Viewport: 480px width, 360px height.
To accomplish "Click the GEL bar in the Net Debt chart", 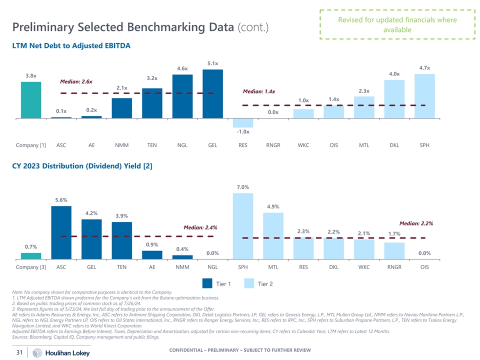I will pos(212,93).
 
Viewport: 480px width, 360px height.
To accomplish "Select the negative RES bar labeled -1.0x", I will pos(243,122).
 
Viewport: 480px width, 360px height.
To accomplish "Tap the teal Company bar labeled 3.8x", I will pos(31,99).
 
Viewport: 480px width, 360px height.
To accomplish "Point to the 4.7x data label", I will pos(424,67).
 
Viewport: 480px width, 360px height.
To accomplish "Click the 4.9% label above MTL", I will pos(273,206).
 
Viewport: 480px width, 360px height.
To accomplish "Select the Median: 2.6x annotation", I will pos(76,81).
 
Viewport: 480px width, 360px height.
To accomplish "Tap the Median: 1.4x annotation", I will pos(259,91).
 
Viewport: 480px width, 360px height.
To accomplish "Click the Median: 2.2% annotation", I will pos(416,223).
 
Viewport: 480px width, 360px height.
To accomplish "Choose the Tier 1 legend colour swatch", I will pos(207,283).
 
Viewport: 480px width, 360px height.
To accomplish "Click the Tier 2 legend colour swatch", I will pos(249,283).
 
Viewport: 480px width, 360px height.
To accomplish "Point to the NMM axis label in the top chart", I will pos(121,145).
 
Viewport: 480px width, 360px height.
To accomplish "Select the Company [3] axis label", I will pos(31,267).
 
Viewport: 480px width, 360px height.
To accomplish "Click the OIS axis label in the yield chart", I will pos(424,267).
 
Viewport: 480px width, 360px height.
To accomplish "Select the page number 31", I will pos(18,352).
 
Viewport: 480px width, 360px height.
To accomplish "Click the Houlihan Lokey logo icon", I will pos(36,352).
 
